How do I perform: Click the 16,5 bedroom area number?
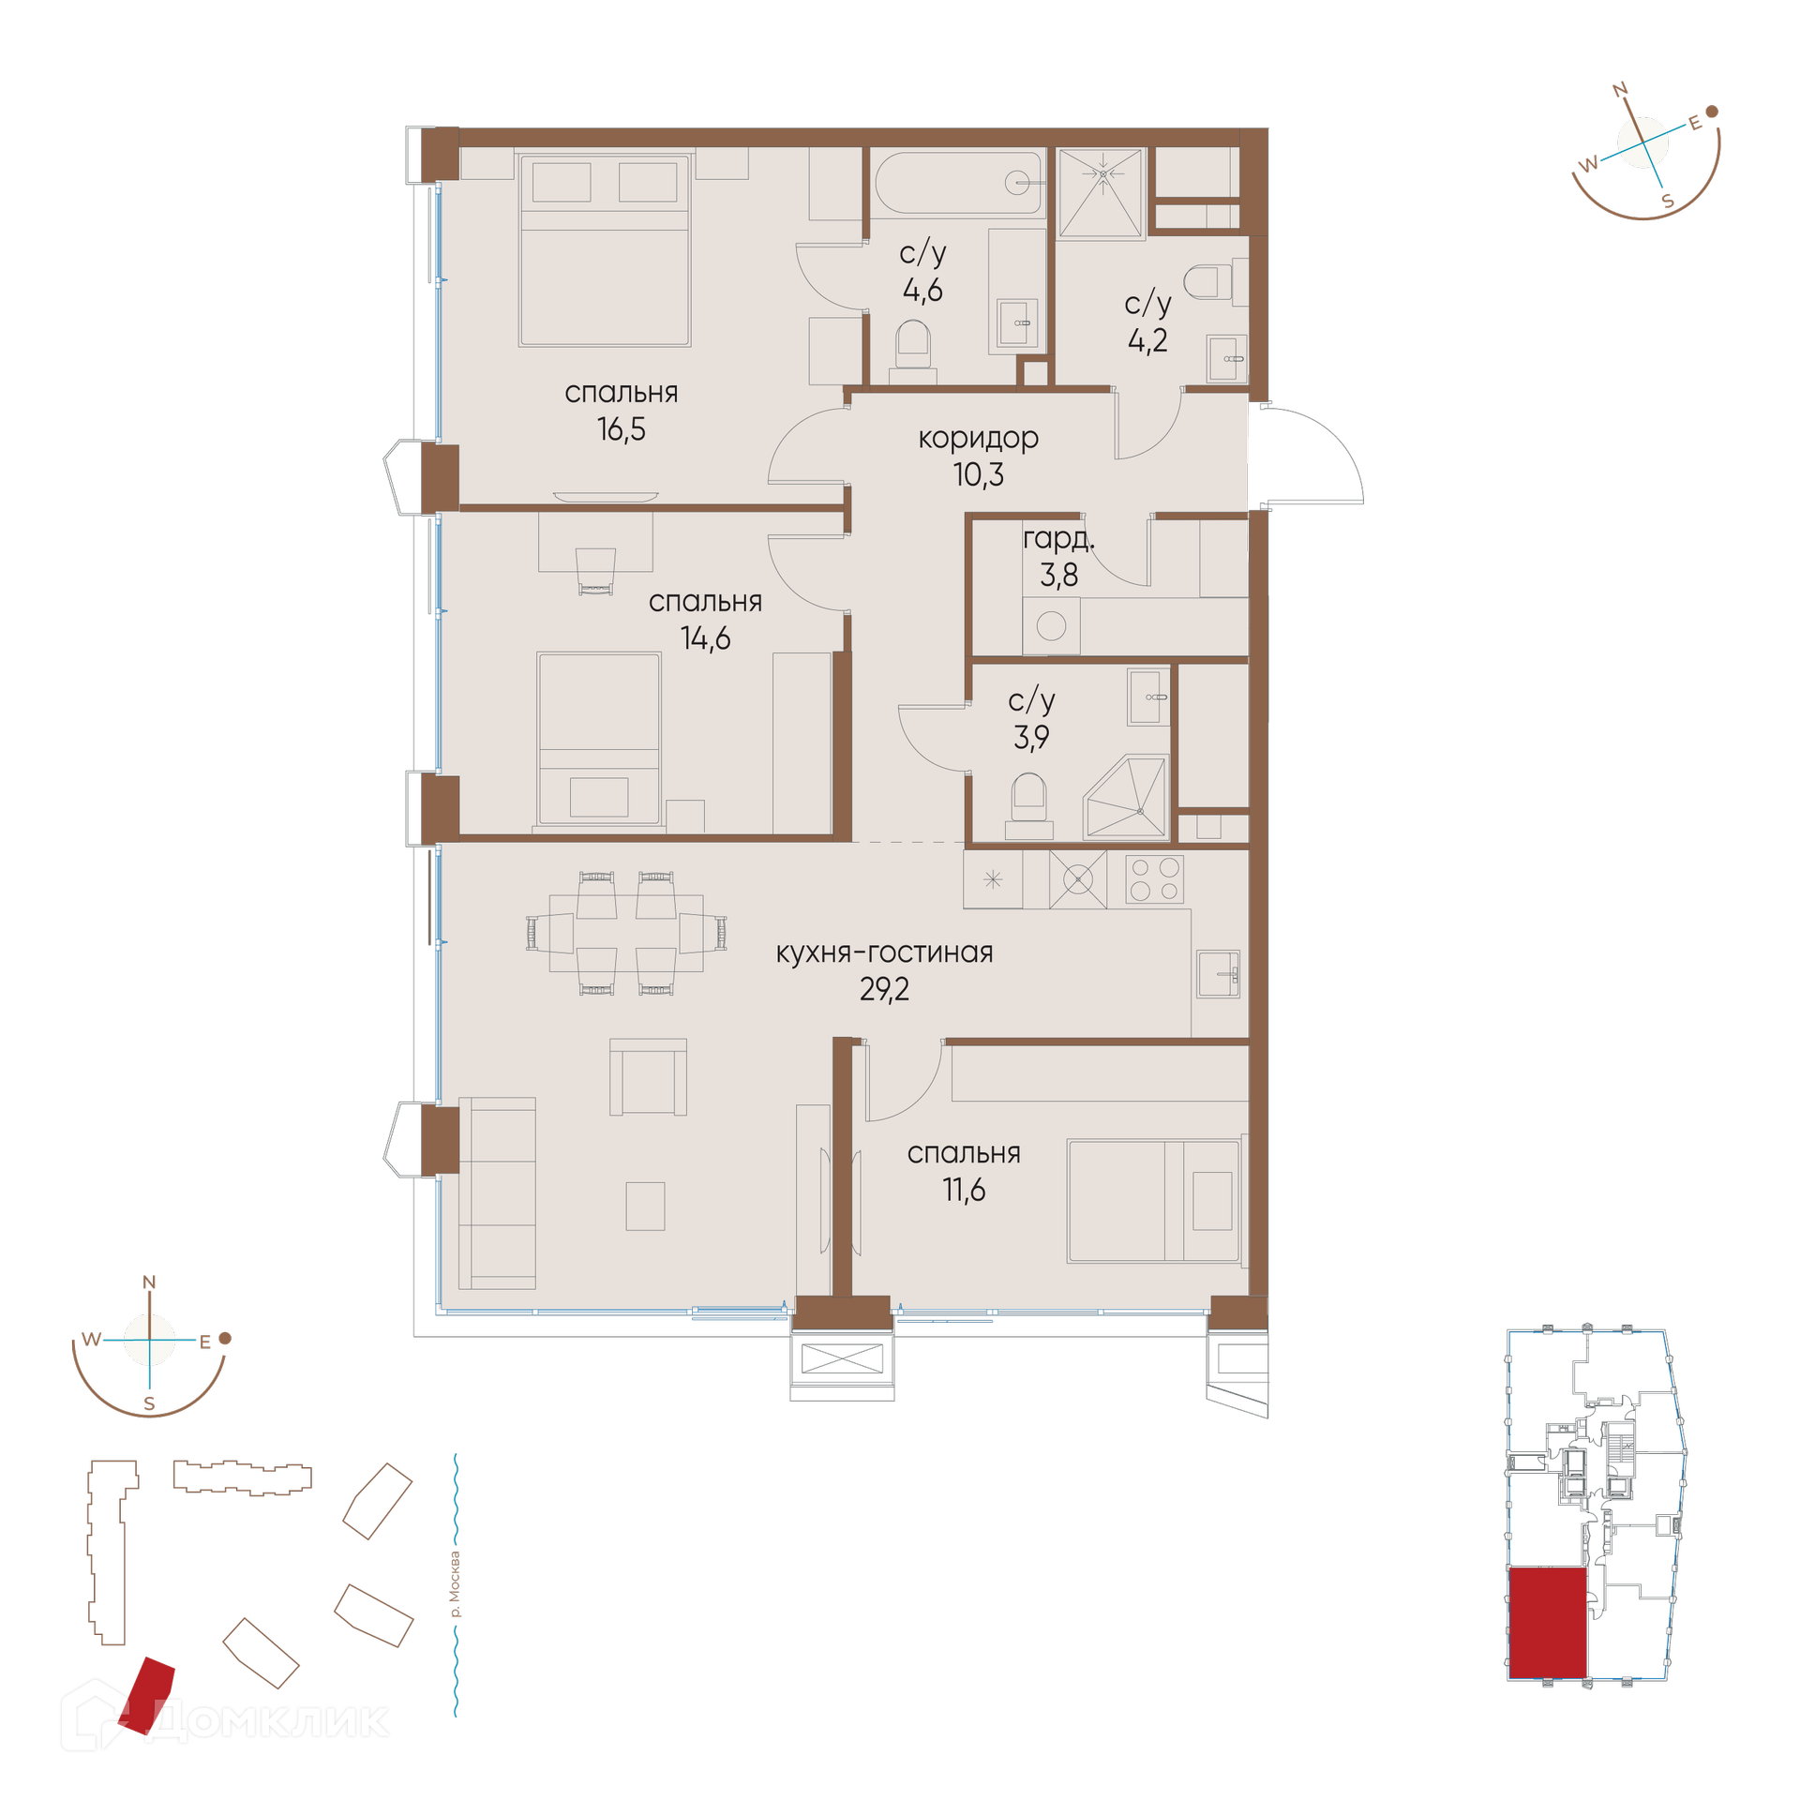pos(621,429)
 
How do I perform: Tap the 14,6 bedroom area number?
pos(705,638)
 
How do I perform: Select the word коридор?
pos(978,439)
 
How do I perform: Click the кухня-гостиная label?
pos(884,952)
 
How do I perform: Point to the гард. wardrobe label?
pos(1058,539)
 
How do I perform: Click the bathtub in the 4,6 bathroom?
pos(958,182)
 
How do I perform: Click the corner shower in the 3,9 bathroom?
pos(1125,798)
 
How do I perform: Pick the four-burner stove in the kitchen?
pos(1154,879)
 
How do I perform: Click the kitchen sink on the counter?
pos(1218,974)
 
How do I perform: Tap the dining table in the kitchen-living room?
pos(625,933)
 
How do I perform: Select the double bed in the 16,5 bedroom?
pos(605,250)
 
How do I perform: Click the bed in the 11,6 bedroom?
pos(1154,1201)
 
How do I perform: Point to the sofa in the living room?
pos(497,1193)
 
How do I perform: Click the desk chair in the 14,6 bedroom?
pos(595,572)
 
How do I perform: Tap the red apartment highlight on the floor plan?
pos(1548,1623)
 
